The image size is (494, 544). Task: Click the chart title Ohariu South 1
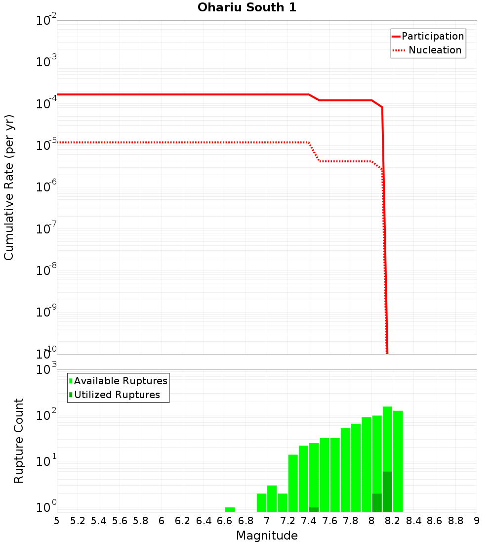(247, 7)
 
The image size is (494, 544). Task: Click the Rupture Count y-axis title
(19, 440)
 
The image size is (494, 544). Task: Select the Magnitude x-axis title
(267, 536)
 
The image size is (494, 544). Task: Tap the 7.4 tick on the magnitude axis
(309, 521)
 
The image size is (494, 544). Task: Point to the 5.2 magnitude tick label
(78, 521)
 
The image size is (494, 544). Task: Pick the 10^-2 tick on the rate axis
(46, 21)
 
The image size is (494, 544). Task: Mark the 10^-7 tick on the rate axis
(46, 229)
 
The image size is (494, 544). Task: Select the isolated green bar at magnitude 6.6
(230, 509)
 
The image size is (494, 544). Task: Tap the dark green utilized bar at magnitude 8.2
(387, 492)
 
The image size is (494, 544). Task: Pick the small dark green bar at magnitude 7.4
(314, 509)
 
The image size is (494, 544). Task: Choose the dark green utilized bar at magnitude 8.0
(377, 502)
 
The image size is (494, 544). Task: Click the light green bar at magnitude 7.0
(272, 499)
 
